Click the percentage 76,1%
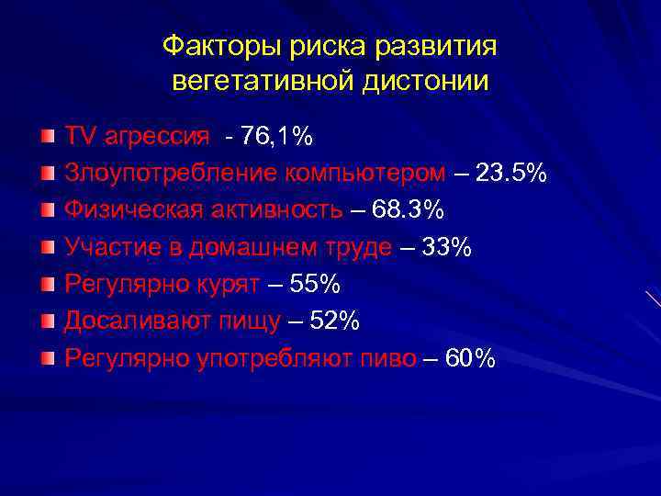(x=276, y=137)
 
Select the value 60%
(x=469, y=358)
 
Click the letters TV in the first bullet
(x=80, y=137)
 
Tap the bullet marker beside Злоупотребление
(x=48, y=174)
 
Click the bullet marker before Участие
(x=48, y=247)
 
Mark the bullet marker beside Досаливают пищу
(x=48, y=321)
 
